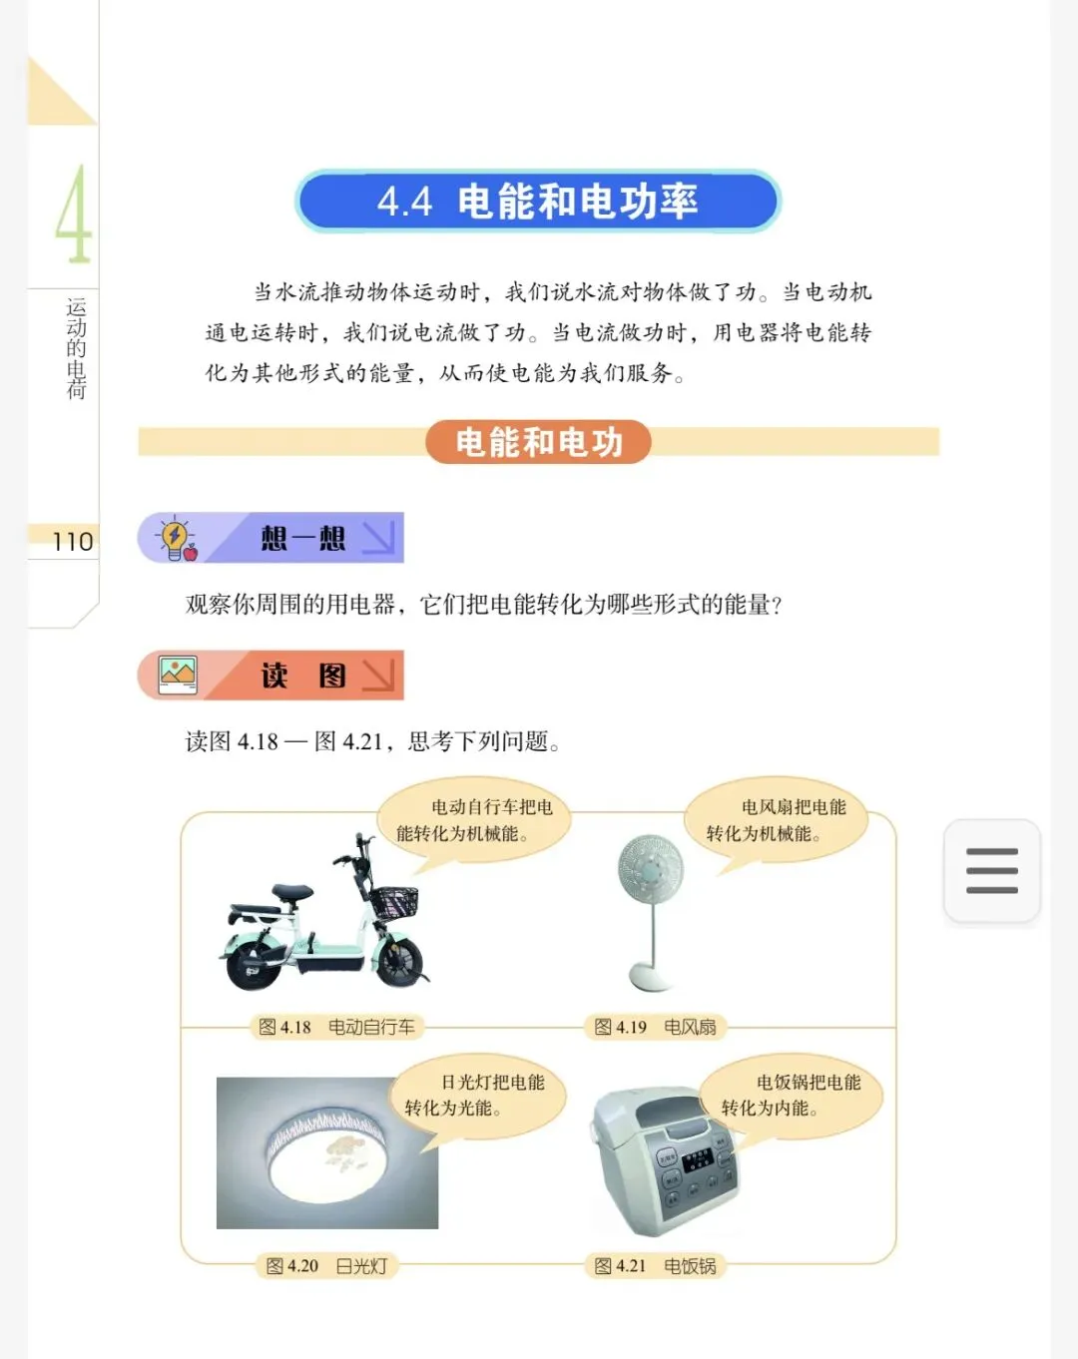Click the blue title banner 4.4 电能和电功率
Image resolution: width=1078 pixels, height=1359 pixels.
click(538, 202)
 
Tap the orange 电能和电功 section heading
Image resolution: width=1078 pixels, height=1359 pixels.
click(538, 441)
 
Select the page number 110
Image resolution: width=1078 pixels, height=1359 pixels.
click(73, 542)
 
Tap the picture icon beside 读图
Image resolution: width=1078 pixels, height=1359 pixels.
click(178, 676)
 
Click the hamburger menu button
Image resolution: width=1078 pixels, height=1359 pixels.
click(991, 871)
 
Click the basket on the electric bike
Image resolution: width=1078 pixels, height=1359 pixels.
click(393, 903)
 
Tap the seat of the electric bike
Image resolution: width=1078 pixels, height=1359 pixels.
click(291, 891)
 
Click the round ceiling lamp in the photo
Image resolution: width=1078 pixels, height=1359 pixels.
click(327, 1156)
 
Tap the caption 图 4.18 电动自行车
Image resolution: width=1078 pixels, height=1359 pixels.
click(336, 1028)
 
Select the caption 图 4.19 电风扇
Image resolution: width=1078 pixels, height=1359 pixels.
click(655, 1028)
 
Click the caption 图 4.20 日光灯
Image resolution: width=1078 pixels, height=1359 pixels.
click(326, 1266)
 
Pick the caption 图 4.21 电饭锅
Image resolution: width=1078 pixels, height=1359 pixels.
click(655, 1266)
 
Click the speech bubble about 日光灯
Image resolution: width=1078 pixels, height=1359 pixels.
click(478, 1096)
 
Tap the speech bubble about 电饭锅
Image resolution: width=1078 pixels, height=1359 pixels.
click(793, 1096)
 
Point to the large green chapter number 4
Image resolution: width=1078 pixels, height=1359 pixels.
click(75, 214)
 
